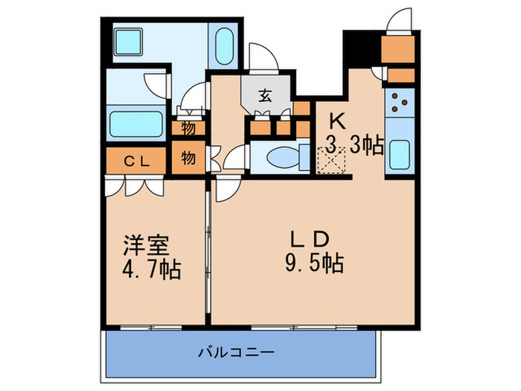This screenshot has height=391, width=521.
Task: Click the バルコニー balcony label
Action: coord(236,352)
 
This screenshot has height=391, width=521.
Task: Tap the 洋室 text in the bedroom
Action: coord(146,245)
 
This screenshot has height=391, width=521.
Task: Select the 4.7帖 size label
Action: coord(152,269)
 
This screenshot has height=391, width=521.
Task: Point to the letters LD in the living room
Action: coord(310,239)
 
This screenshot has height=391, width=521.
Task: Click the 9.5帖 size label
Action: coord(314,264)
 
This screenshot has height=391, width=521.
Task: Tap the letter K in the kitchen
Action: coord(337,121)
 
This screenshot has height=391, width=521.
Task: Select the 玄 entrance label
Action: coord(265,96)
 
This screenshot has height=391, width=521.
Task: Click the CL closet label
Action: coord(136,162)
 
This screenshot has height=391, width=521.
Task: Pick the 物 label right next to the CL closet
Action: coord(188,158)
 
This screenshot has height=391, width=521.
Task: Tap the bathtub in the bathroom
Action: coord(136,124)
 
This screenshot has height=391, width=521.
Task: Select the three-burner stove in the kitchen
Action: coord(400,103)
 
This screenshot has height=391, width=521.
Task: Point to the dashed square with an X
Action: coord(332,160)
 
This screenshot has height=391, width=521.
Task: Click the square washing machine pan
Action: coord(129,42)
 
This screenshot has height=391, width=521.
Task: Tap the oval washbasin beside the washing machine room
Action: coord(224,46)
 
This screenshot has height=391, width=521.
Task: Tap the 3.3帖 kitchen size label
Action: coord(354,145)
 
